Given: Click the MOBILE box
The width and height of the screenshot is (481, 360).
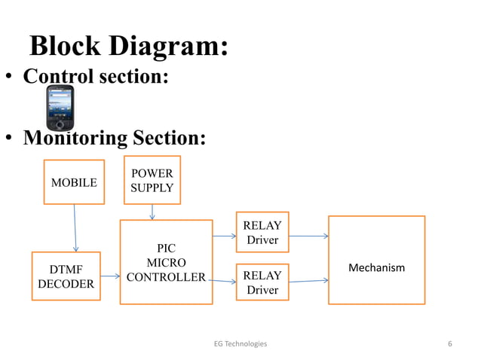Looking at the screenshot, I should [73, 182].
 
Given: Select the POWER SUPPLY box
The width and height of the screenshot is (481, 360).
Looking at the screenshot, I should [152, 181].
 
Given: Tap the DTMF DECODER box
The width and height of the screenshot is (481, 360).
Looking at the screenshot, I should [66, 276].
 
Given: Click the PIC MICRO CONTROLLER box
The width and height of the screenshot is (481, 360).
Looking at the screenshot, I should [166, 262].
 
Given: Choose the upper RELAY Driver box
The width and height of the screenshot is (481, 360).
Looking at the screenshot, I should [262, 232].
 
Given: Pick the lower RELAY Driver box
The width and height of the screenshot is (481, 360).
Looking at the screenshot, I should [262, 282].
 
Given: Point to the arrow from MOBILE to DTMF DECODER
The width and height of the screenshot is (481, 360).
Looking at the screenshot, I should [75, 228].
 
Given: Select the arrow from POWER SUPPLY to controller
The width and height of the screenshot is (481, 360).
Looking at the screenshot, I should [152, 212].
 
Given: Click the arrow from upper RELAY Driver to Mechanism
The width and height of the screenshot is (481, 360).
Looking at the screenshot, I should [308, 236].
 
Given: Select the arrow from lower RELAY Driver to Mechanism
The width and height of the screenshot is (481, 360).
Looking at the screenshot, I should [308, 281].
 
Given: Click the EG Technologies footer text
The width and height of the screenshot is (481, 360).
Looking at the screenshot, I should [240, 343].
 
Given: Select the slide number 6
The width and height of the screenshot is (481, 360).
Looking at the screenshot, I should [449, 343].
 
